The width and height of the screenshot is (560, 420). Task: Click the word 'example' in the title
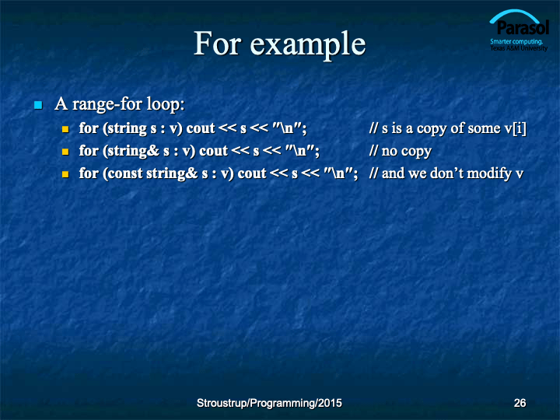point(307,45)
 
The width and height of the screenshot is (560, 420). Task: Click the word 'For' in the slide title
point(218,43)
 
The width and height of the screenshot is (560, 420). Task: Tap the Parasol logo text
point(523,28)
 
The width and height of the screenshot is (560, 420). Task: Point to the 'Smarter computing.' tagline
point(516,42)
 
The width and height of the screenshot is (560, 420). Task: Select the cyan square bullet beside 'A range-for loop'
point(38,105)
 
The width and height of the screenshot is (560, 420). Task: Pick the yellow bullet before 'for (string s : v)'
point(65,129)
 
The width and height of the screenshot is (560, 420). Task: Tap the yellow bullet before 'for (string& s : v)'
point(65,152)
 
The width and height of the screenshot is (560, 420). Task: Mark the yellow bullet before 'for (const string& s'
point(65,174)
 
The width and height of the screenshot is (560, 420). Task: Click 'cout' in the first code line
point(201,128)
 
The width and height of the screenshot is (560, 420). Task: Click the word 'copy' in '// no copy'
point(417,152)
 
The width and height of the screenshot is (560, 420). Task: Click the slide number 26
point(520,403)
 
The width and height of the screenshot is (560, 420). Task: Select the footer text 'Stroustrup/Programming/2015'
point(269,403)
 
